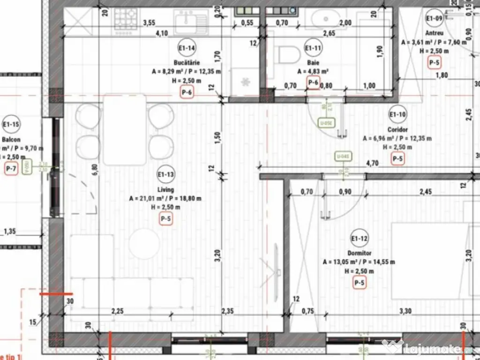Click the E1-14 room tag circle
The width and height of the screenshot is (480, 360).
[x=187, y=48]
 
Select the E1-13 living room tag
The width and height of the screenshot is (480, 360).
[x=166, y=176]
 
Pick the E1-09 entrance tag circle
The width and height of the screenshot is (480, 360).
[x=434, y=19]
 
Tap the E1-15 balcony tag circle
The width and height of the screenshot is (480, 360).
[x=10, y=125]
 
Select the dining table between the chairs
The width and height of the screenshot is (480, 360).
[x=125, y=129]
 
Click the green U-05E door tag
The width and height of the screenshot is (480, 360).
[x=326, y=123]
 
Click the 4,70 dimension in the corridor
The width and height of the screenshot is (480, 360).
[x=372, y=164]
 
